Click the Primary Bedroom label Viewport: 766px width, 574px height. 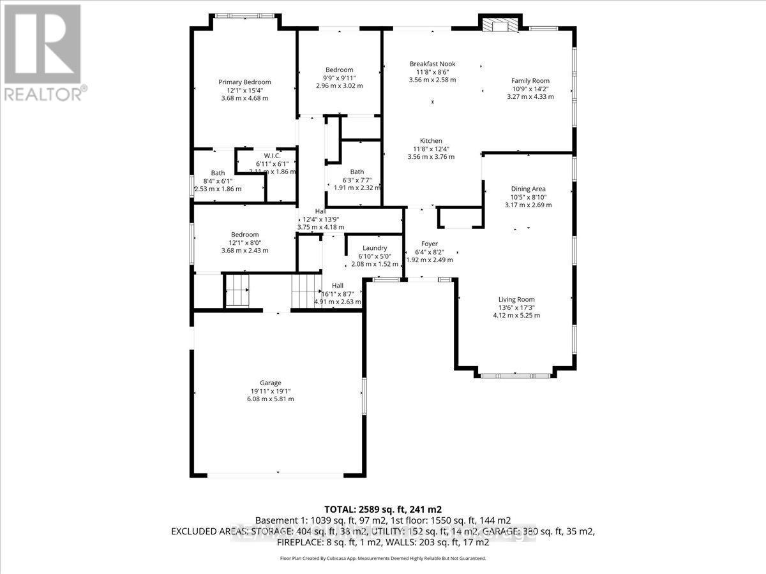click(x=244, y=82)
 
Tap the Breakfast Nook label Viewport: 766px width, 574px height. click(x=432, y=64)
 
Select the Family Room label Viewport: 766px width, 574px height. click(x=530, y=80)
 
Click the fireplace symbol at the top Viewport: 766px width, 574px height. click(x=493, y=24)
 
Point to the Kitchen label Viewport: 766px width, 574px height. click(x=431, y=141)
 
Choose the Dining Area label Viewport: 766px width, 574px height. click(x=528, y=189)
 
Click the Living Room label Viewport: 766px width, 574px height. click(x=516, y=299)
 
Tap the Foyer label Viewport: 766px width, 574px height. click(x=430, y=244)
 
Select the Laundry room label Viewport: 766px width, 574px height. click(x=375, y=248)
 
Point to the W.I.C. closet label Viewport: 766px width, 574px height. click(x=272, y=156)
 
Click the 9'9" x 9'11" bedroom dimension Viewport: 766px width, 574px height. click(x=339, y=78)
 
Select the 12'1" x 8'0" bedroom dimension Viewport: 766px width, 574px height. click(x=244, y=242)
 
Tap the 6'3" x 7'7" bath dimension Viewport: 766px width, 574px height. click(x=357, y=180)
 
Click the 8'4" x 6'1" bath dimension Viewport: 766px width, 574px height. click(x=218, y=181)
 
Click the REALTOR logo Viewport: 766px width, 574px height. click(x=43, y=51)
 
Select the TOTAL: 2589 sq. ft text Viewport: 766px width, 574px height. click(x=383, y=510)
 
